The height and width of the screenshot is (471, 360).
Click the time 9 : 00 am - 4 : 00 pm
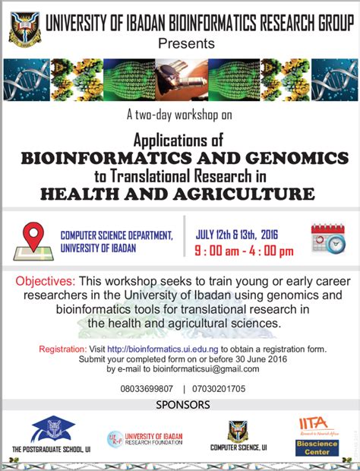click(244, 251)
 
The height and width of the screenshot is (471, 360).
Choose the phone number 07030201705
click(219, 388)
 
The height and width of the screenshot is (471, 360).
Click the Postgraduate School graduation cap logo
click(53, 430)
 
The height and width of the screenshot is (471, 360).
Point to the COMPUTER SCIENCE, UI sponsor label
click(238, 448)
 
